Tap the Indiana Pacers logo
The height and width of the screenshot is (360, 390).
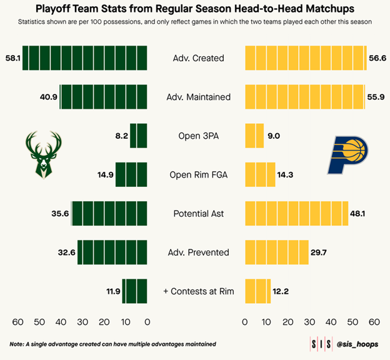(x=347, y=154)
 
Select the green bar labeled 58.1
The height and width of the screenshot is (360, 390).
(x=85, y=58)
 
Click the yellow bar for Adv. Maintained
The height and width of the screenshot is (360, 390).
(x=304, y=97)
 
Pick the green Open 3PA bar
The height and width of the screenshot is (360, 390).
(x=139, y=136)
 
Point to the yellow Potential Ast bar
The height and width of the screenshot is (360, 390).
(x=296, y=214)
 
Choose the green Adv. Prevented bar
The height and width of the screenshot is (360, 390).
(x=112, y=252)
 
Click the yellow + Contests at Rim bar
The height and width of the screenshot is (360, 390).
(x=257, y=291)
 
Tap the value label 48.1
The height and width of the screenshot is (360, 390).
(x=357, y=214)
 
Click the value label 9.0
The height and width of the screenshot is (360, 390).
(x=274, y=136)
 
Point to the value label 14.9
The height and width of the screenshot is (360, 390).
(x=105, y=175)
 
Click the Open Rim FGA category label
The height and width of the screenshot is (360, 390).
(x=198, y=175)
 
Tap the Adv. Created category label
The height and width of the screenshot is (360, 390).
(x=198, y=58)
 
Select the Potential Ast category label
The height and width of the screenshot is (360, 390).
(x=198, y=214)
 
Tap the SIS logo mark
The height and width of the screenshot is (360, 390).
(x=321, y=344)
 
